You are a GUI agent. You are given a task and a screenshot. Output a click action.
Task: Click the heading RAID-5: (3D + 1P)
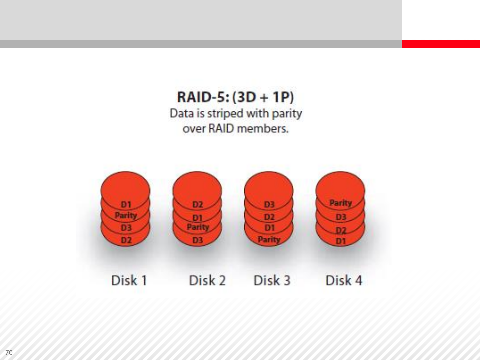coord(236,97)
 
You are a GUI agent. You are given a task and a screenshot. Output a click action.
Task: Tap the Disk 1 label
coord(129,280)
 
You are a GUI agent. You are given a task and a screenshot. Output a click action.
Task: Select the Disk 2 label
coord(207,280)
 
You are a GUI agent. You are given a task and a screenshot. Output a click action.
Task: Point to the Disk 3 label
coord(272,280)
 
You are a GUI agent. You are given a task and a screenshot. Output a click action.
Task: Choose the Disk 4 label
coord(344,280)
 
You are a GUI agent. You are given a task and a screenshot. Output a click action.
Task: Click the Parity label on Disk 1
coord(126,216)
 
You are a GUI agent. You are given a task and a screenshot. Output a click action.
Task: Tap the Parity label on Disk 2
coord(198,227)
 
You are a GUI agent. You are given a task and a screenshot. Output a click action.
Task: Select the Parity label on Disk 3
coord(269,240)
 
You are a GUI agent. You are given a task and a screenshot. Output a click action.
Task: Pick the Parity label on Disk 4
coord(341,203)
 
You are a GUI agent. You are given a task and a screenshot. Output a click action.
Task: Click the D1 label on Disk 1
coord(126,205)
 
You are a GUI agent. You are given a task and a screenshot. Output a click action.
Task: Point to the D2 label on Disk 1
coord(126,240)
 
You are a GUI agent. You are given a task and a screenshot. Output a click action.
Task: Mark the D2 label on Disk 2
coord(198,205)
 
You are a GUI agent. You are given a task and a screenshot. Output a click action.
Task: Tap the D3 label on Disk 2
coord(198,240)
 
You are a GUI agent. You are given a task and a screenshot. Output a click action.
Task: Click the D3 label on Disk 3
coord(269,205)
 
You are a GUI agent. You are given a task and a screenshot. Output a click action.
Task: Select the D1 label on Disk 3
coord(269,228)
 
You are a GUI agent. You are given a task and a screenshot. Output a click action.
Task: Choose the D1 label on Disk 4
coord(341,241)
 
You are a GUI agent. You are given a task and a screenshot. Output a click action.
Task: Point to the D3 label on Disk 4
coord(341,217)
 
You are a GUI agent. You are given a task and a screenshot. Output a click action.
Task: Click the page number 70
coord(9,353)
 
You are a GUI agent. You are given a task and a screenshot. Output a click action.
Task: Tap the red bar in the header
coord(441,44)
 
